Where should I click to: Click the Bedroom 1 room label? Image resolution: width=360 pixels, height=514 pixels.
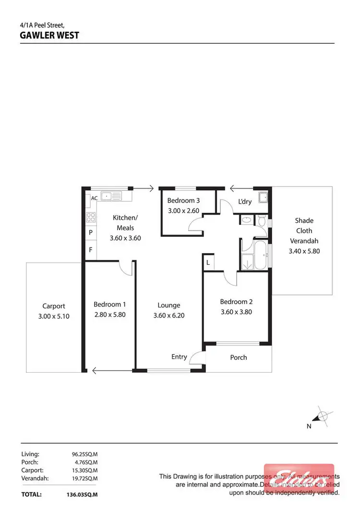tap(110, 304)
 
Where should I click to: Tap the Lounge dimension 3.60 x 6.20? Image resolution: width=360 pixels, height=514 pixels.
tap(168, 316)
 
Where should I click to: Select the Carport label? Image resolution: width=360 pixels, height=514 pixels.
tap(53, 306)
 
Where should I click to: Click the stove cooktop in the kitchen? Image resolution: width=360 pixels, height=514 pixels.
tap(91, 217)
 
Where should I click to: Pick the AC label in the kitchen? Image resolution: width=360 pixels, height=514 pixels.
tap(94, 198)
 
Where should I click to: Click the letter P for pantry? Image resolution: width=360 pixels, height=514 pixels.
tap(91, 233)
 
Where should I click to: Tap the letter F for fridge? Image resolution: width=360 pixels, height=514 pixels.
tap(91, 250)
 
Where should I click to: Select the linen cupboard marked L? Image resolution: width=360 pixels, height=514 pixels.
tap(208, 262)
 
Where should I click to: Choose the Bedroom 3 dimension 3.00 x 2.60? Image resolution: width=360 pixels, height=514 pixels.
tap(183, 210)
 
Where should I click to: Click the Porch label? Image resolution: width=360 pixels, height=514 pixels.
tap(239, 357)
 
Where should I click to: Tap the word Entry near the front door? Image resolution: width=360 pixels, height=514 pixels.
tap(179, 356)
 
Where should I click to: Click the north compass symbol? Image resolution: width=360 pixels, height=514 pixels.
tap(323, 416)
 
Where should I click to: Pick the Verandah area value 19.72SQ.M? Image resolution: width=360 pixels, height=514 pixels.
tap(85, 478)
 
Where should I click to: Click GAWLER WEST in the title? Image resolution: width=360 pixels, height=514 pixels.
tap(49, 35)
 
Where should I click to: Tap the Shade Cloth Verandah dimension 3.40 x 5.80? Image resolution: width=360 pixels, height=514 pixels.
tap(304, 251)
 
